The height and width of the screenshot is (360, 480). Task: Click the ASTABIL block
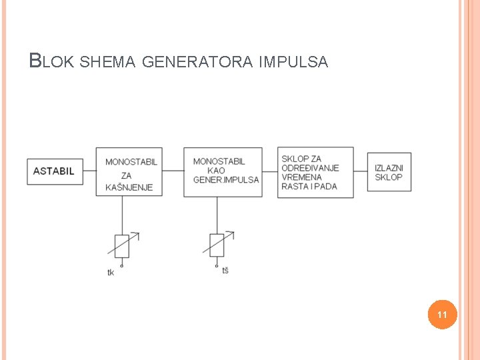[55, 171]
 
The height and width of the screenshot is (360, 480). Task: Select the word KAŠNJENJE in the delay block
[129, 187]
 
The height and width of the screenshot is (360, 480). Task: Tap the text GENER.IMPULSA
[226, 179]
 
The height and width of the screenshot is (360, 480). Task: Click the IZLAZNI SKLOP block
[389, 172]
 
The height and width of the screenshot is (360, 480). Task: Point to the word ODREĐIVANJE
[310, 168]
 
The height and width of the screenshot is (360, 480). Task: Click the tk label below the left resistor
[111, 272]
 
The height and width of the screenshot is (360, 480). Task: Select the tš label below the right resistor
[225, 270]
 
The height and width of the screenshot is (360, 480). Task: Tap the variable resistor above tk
[122, 245]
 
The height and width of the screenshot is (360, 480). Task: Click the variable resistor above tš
[217, 245]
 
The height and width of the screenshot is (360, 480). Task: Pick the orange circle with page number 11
[442, 314]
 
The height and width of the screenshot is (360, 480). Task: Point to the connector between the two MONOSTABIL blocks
[173, 171]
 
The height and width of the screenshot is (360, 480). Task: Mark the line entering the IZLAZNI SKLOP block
[360, 171]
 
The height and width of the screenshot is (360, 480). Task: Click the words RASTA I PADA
[309, 187]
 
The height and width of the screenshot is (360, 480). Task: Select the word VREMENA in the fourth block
[301, 177]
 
